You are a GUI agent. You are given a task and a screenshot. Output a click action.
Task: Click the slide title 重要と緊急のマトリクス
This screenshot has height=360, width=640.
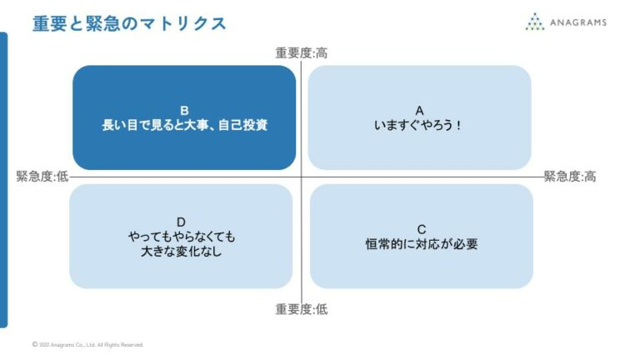point(129,23)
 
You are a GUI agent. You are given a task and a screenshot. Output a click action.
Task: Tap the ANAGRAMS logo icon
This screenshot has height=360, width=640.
point(534,22)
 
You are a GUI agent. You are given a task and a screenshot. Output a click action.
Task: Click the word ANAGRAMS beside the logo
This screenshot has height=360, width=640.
point(577,22)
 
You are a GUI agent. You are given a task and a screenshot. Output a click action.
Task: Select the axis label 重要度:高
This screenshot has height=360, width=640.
point(301,53)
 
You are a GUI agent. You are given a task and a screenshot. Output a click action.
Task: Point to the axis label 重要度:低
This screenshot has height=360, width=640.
point(301,309)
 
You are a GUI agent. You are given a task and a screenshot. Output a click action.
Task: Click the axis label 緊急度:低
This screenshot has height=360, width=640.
point(42,177)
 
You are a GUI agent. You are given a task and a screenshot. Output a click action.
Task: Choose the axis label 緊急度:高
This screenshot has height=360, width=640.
point(570,177)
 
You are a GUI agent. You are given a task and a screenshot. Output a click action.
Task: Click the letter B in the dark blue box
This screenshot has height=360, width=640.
point(184,110)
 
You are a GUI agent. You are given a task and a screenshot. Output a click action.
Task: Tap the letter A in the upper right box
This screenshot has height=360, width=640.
point(420,110)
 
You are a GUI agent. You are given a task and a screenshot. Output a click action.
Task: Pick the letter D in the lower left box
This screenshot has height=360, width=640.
point(181,222)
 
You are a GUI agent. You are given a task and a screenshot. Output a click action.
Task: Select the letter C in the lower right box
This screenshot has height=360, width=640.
point(422,229)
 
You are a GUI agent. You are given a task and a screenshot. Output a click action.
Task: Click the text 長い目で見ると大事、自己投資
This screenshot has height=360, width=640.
point(184,126)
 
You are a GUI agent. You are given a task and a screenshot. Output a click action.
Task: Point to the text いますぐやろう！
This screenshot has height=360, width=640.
point(420,126)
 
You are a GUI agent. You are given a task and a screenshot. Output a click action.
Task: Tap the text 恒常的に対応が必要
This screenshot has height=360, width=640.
point(422,245)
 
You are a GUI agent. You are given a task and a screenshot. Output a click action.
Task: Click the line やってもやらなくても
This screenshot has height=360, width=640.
point(181,237)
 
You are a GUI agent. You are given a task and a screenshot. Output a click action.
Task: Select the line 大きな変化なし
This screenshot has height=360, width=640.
point(181,252)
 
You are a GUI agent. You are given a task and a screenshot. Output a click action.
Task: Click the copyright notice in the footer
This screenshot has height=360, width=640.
point(87,344)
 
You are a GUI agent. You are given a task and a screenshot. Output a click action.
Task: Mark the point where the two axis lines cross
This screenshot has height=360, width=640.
point(302,177)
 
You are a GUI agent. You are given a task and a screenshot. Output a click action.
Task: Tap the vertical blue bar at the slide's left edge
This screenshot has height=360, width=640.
point(3,179)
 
